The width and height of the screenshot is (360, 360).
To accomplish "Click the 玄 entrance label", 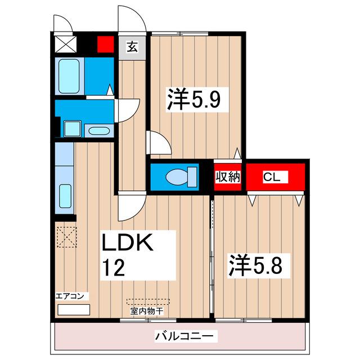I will (132, 47).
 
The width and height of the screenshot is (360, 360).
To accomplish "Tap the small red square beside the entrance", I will (105, 44).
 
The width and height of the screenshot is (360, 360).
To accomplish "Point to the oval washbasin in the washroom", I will (99, 131).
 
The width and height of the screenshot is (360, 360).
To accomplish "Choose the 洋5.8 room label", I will (258, 264).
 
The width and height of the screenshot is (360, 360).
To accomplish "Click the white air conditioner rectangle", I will (74, 309).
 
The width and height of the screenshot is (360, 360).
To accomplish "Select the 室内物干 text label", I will (147, 310).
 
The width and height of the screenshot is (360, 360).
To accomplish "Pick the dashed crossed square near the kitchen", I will (66, 236).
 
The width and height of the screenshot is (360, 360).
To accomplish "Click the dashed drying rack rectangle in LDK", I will (147, 301).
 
